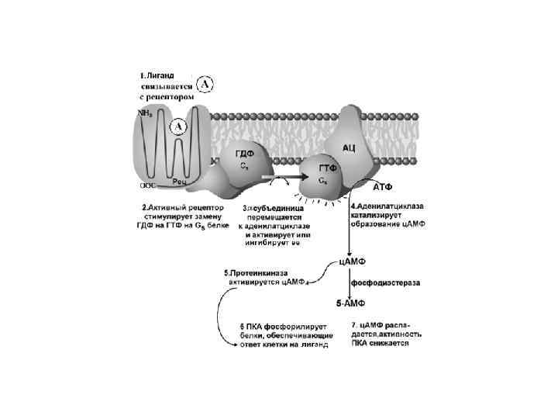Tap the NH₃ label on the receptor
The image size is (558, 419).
pos(145,113)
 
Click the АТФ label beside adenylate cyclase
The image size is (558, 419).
pos(383,188)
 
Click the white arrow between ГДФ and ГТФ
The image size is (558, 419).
pos(277,178)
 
